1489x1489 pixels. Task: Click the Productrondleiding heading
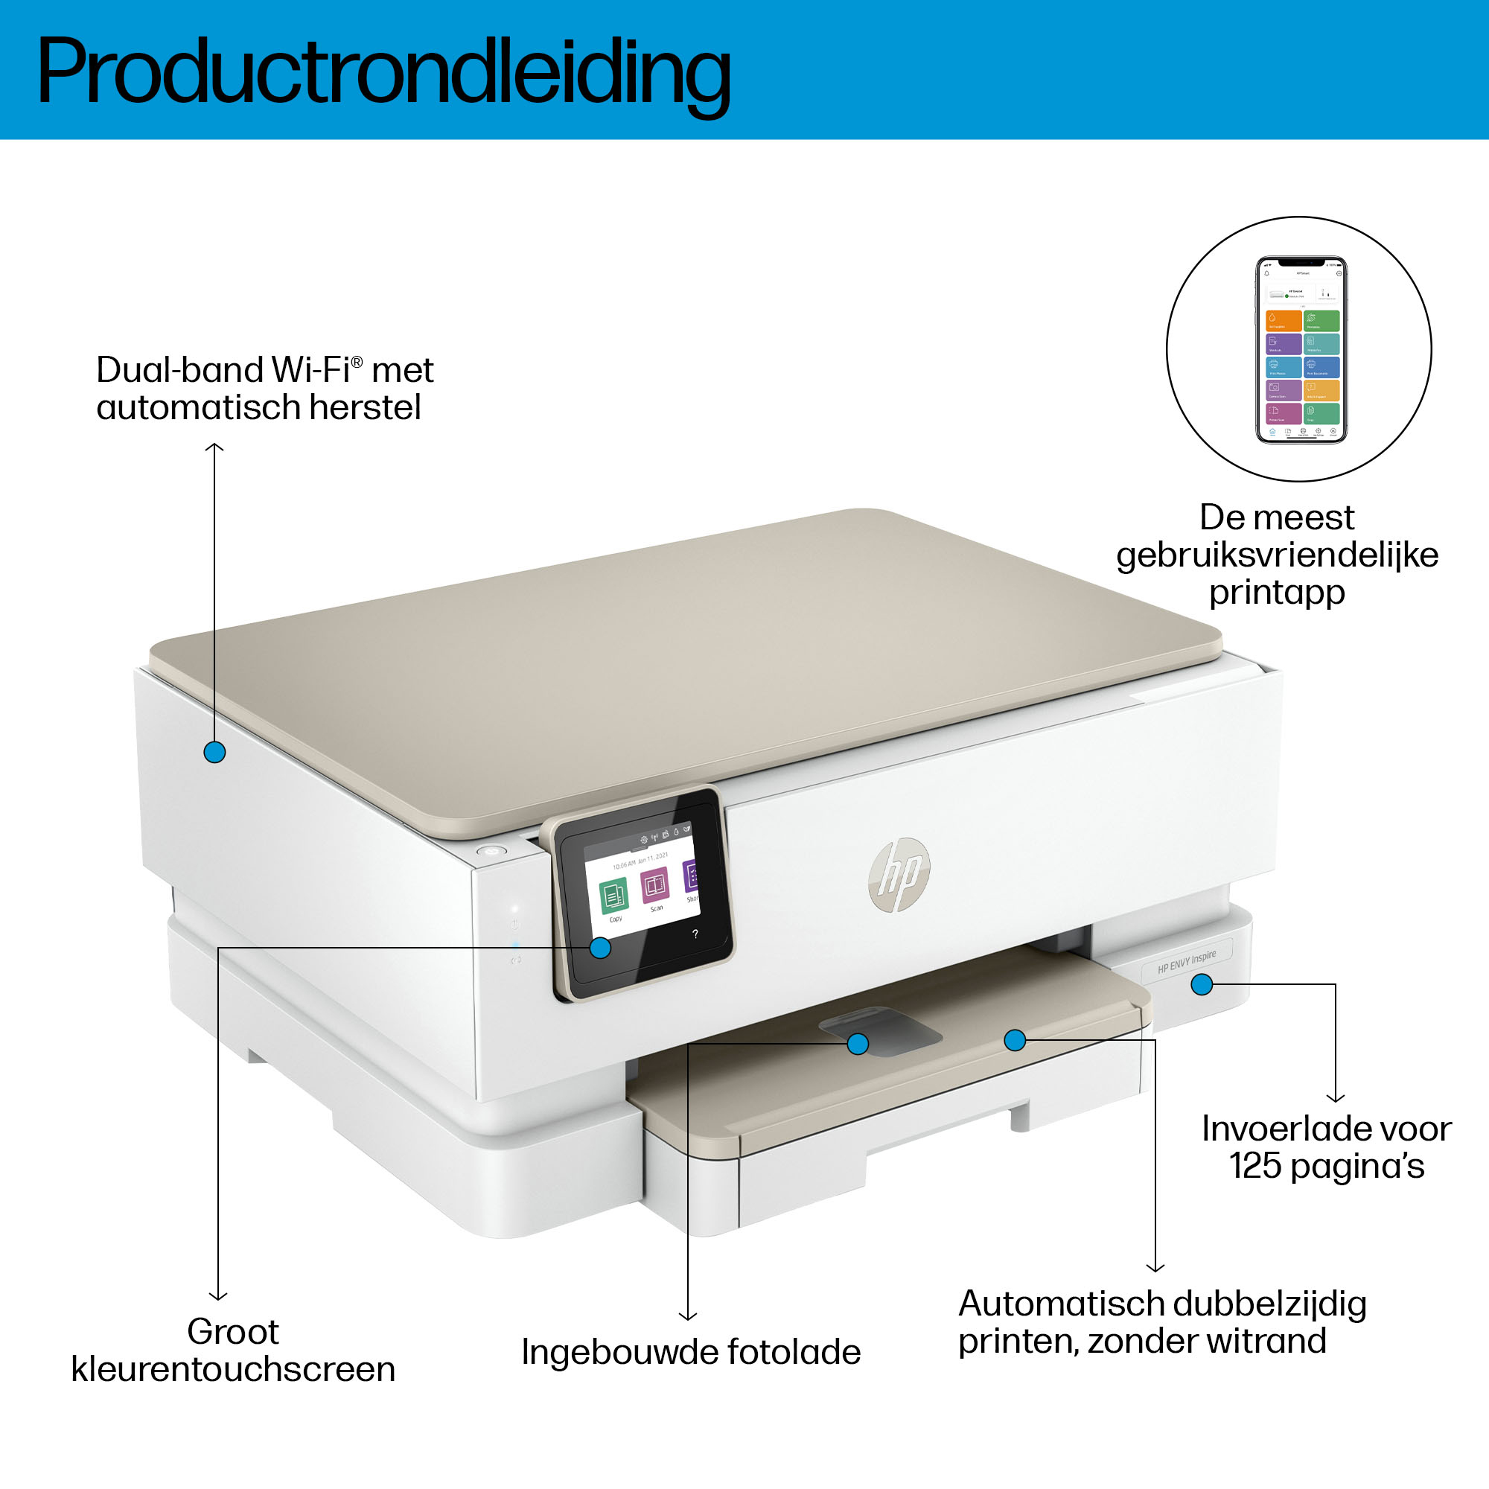pyautogui.click(x=383, y=71)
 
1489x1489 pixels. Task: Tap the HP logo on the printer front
pyautogui.click(x=899, y=874)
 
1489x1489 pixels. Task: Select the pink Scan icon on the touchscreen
pyautogui.click(x=655, y=884)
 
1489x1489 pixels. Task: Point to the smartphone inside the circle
pyautogui.click(x=1301, y=350)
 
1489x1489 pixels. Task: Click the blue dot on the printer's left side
pyautogui.click(x=214, y=752)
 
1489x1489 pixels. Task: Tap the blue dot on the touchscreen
pyautogui.click(x=599, y=947)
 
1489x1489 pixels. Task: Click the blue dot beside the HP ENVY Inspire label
pyautogui.click(x=1202, y=984)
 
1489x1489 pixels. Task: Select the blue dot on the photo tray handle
pyautogui.click(x=857, y=1044)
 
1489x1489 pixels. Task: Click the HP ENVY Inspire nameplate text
pyautogui.click(x=1186, y=962)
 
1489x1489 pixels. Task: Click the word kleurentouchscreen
pyautogui.click(x=233, y=1370)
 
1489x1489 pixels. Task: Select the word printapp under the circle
pyautogui.click(x=1276, y=592)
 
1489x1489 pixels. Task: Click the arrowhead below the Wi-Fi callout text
pyautogui.click(x=214, y=447)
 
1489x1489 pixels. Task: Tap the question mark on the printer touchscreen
pyautogui.click(x=695, y=934)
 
